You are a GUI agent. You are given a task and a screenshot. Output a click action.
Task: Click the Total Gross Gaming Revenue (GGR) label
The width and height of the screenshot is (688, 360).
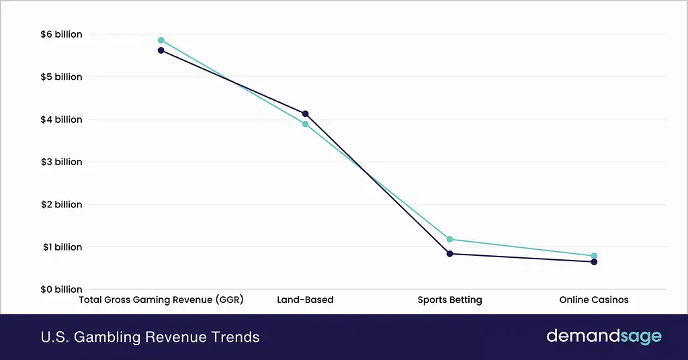[x=161, y=300]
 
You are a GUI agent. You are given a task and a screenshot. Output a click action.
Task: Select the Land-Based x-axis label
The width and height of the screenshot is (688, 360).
[x=305, y=300]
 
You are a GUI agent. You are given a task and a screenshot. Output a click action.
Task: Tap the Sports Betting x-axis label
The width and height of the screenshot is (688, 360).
[x=449, y=300]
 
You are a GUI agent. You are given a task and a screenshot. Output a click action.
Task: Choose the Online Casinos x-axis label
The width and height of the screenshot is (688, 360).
[x=594, y=300]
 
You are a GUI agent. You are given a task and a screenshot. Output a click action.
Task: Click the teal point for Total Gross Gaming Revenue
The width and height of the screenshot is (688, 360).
[x=161, y=40]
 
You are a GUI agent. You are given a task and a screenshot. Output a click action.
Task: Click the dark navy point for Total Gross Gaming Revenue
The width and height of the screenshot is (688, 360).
[x=161, y=50]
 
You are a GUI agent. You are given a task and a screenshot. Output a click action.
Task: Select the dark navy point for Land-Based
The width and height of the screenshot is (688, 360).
[x=306, y=114]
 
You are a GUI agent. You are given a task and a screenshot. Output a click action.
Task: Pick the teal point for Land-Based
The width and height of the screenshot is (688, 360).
[x=306, y=124]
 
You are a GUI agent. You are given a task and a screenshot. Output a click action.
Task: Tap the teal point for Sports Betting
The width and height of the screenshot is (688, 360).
[x=450, y=239]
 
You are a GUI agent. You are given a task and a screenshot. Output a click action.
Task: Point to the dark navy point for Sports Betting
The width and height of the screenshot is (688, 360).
[x=450, y=254]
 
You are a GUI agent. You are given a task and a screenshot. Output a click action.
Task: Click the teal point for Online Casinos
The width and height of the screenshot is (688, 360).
[x=594, y=256]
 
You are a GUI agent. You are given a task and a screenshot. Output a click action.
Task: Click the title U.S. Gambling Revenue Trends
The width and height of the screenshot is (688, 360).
[x=150, y=337]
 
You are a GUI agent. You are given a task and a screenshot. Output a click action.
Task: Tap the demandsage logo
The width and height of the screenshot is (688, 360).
[x=603, y=336]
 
